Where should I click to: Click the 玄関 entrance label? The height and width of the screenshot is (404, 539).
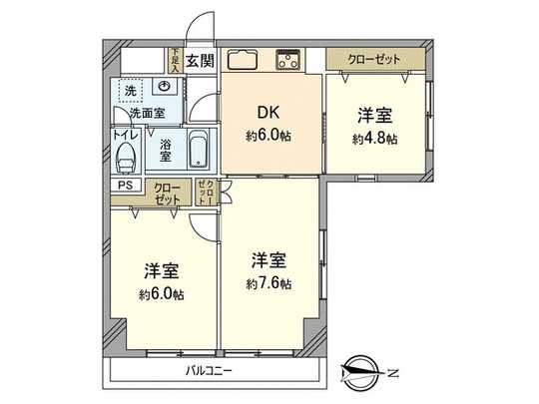point(200,61)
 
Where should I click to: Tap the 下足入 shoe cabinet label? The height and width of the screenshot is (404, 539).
point(174,61)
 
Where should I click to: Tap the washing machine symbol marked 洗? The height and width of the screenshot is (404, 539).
point(130,91)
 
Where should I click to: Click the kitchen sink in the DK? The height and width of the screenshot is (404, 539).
point(243,58)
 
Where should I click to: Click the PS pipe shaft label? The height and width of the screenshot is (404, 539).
point(125,186)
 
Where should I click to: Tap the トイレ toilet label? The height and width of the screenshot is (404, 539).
point(125,134)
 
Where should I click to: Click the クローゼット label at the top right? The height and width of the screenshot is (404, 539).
point(374,60)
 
